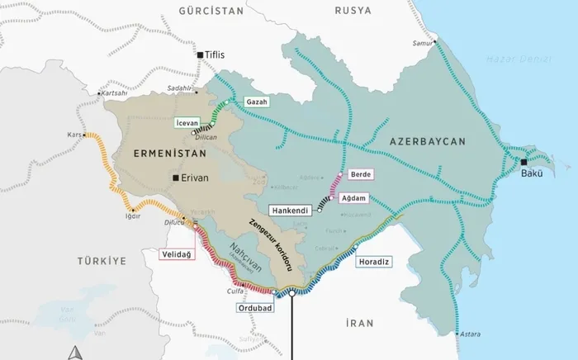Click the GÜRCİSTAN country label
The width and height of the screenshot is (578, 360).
coord(211,11)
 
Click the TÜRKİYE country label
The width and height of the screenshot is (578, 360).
coord(102,261)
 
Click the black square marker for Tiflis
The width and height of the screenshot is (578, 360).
coord(201,54)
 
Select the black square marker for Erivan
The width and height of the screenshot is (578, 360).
coord(175,178)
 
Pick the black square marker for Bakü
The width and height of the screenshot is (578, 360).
coord(524,163)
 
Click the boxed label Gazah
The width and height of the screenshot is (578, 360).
coord(257,101)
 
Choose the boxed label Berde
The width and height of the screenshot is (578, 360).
coord(361,174)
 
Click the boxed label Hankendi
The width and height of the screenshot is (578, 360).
coord(290,211)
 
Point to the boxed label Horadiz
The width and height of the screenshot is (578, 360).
coord(374,262)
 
